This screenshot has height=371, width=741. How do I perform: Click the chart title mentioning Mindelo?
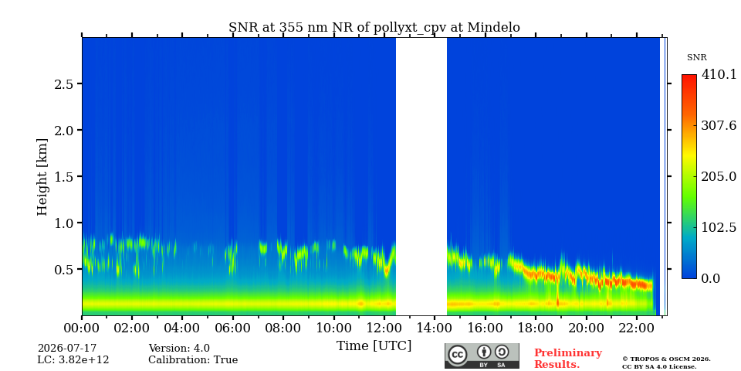click(374, 28)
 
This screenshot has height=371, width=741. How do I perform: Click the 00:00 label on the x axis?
click(82, 328)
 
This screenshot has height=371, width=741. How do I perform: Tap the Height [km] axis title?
click(42, 177)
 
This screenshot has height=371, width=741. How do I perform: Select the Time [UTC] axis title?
click(374, 346)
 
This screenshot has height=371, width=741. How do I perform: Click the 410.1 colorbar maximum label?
click(719, 74)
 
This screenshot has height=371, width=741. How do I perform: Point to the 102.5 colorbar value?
click(719, 227)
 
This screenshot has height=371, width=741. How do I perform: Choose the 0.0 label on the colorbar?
click(710, 278)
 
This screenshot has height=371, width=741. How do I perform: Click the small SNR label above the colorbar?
click(696, 58)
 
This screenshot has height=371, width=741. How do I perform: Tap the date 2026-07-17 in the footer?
click(66, 349)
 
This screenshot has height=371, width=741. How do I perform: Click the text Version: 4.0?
click(179, 349)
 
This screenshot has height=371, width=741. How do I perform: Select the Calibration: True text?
click(193, 360)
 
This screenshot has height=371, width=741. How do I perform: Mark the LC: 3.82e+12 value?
click(73, 360)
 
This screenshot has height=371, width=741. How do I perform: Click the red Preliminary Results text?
click(567, 359)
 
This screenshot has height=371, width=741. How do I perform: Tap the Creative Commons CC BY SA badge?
click(482, 356)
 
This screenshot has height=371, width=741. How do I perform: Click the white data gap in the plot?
click(421, 176)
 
